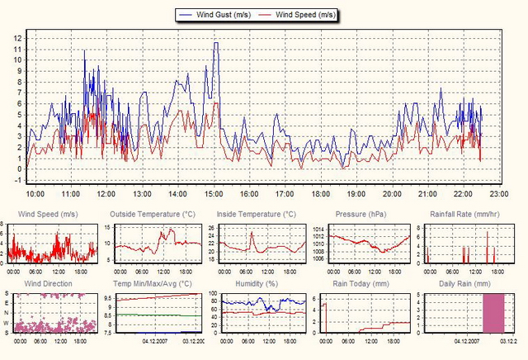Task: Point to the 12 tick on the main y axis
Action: click(18, 38)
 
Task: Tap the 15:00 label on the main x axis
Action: click(214, 193)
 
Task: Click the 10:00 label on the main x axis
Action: click(35, 193)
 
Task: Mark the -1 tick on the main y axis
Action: click(18, 180)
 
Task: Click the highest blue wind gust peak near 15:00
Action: click(216, 43)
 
